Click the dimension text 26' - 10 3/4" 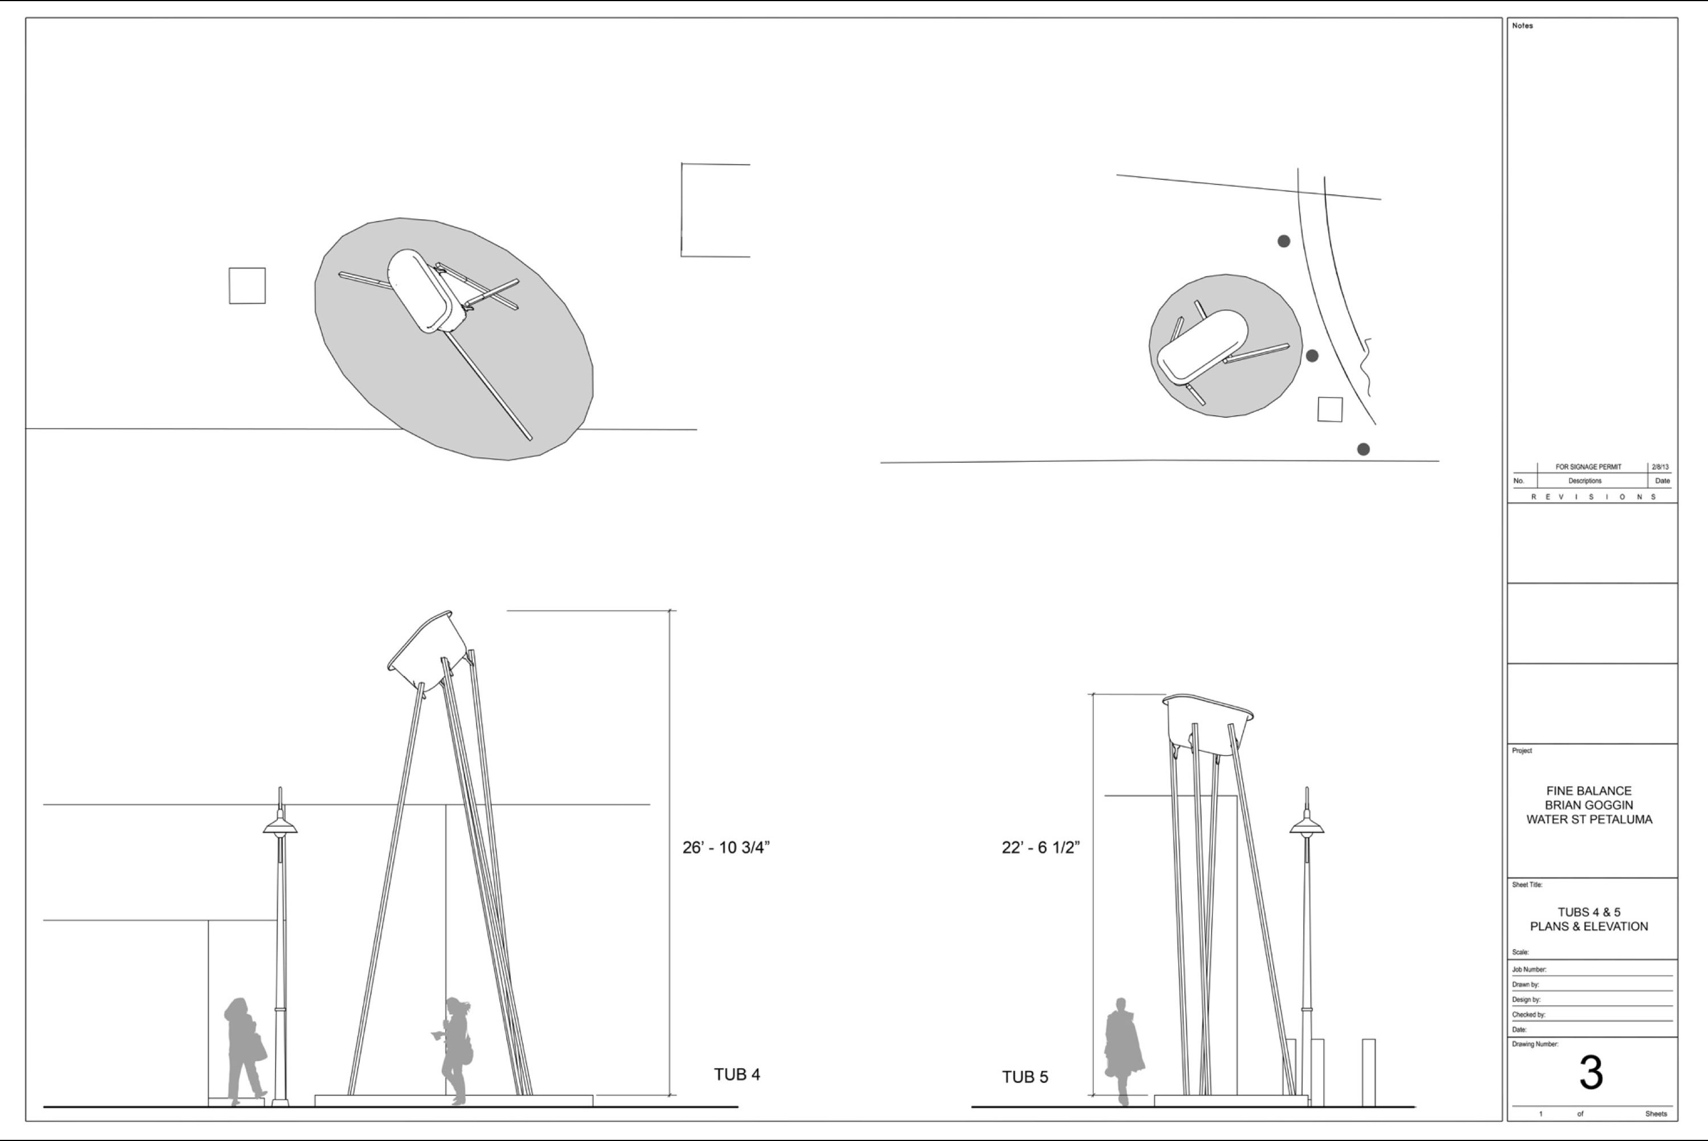pyautogui.click(x=725, y=847)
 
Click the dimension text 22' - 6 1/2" pyautogui.click(x=1040, y=847)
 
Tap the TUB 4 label pyautogui.click(x=737, y=1075)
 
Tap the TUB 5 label pyautogui.click(x=1025, y=1077)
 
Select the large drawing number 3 pyautogui.click(x=1591, y=1073)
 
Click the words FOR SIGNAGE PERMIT pyautogui.click(x=1588, y=467)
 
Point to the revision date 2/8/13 pyautogui.click(x=1660, y=467)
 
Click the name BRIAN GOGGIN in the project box pyautogui.click(x=1588, y=806)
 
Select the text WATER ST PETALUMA pyautogui.click(x=1588, y=819)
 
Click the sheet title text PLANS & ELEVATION pyautogui.click(x=1588, y=926)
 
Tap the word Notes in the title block pyautogui.click(x=1522, y=26)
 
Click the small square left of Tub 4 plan pyautogui.click(x=247, y=285)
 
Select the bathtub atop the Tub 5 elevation pyautogui.click(x=1208, y=724)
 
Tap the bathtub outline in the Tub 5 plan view pyautogui.click(x=1202, y=346)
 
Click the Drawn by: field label pyautogui.click(x=1525, y=984)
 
